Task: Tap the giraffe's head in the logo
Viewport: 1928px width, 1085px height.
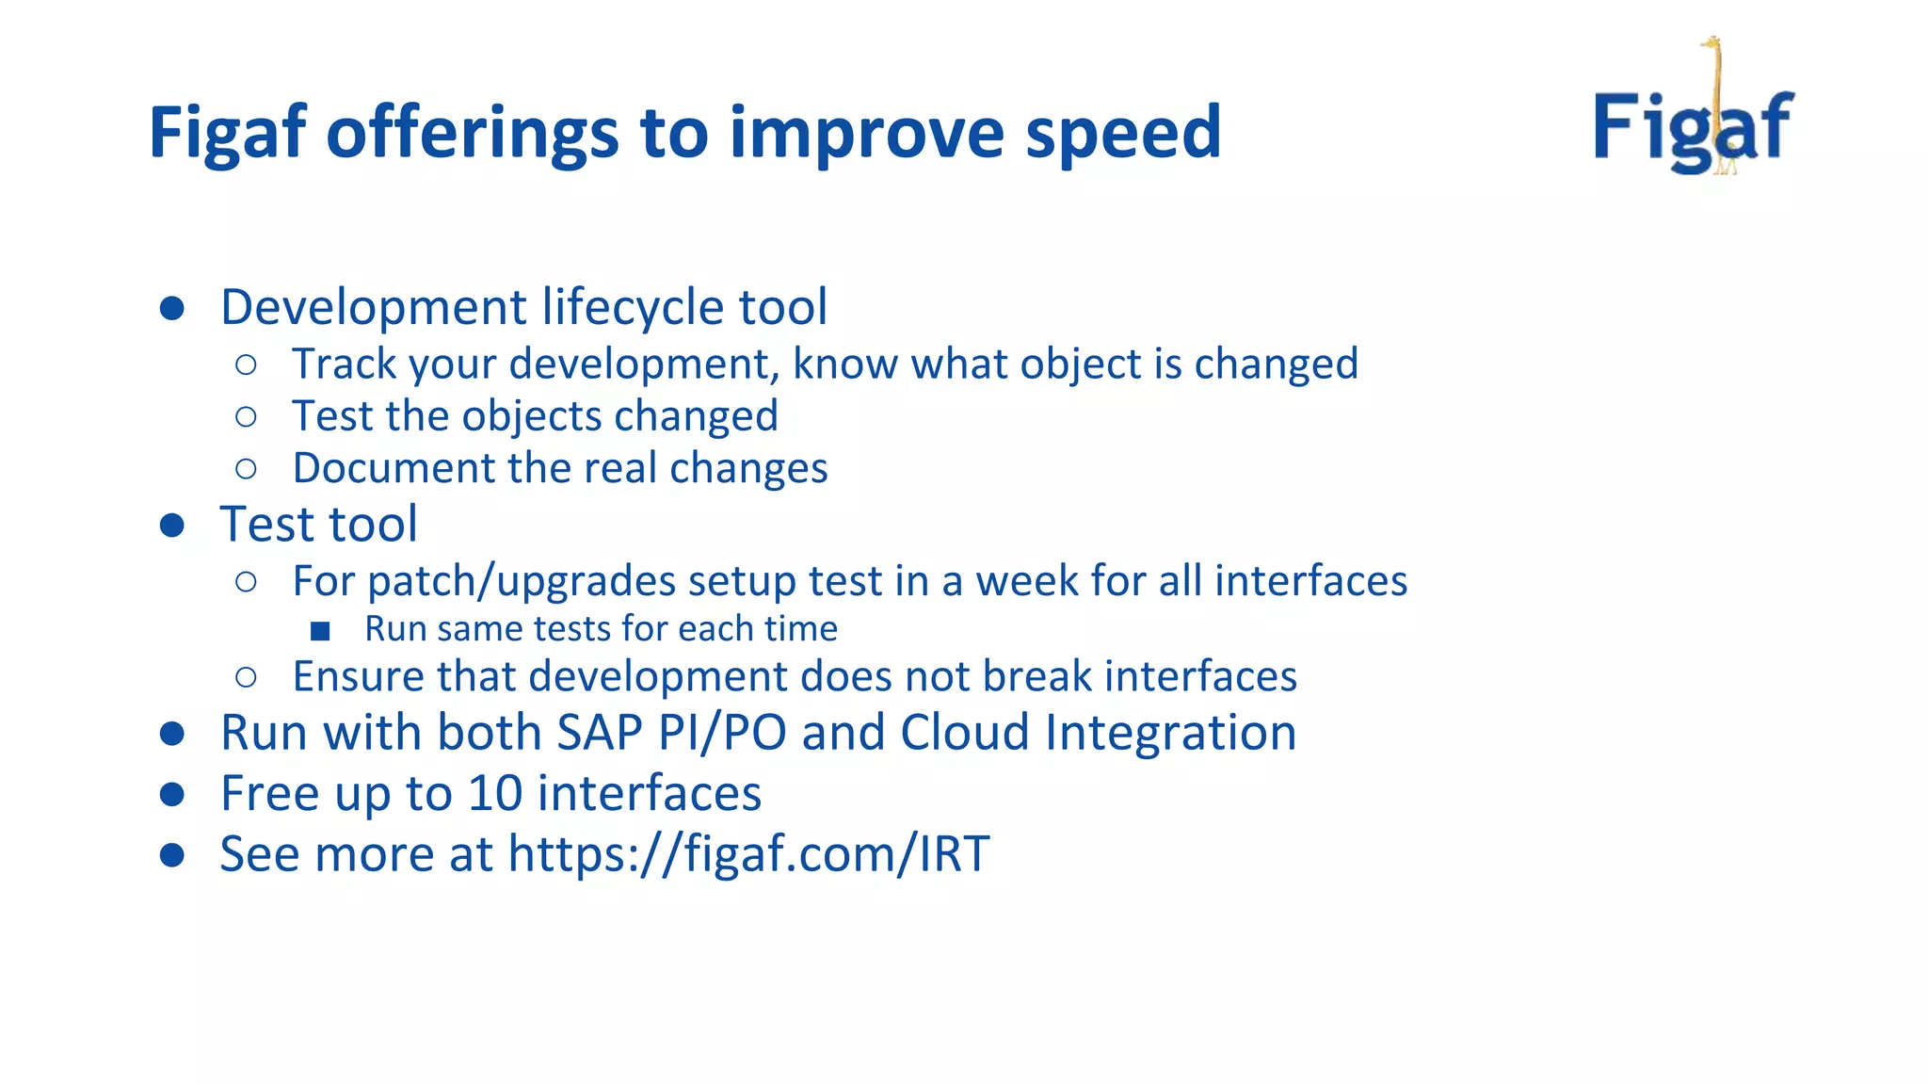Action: click(1711, 43)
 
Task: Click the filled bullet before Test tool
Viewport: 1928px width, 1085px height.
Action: click(171, 525)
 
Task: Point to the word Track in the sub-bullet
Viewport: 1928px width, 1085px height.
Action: click(344, 364)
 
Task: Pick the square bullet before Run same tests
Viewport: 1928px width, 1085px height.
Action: click(320, 630)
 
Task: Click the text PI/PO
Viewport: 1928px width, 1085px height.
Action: click(722, 733)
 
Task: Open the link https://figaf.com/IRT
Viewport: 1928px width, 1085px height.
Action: click(748, 854)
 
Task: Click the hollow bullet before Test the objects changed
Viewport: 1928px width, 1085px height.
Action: click(246, 416)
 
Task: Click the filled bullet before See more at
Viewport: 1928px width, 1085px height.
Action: click(171, 854)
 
